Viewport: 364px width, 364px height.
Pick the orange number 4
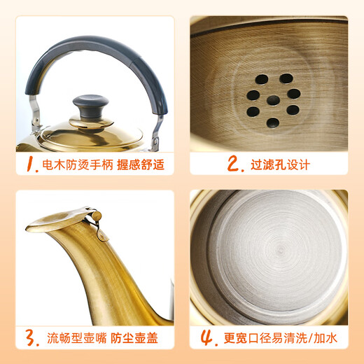[x=207, y=338]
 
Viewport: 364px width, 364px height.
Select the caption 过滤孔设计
[x=280, y=165]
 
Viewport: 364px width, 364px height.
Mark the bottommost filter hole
[x=272, y=122]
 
